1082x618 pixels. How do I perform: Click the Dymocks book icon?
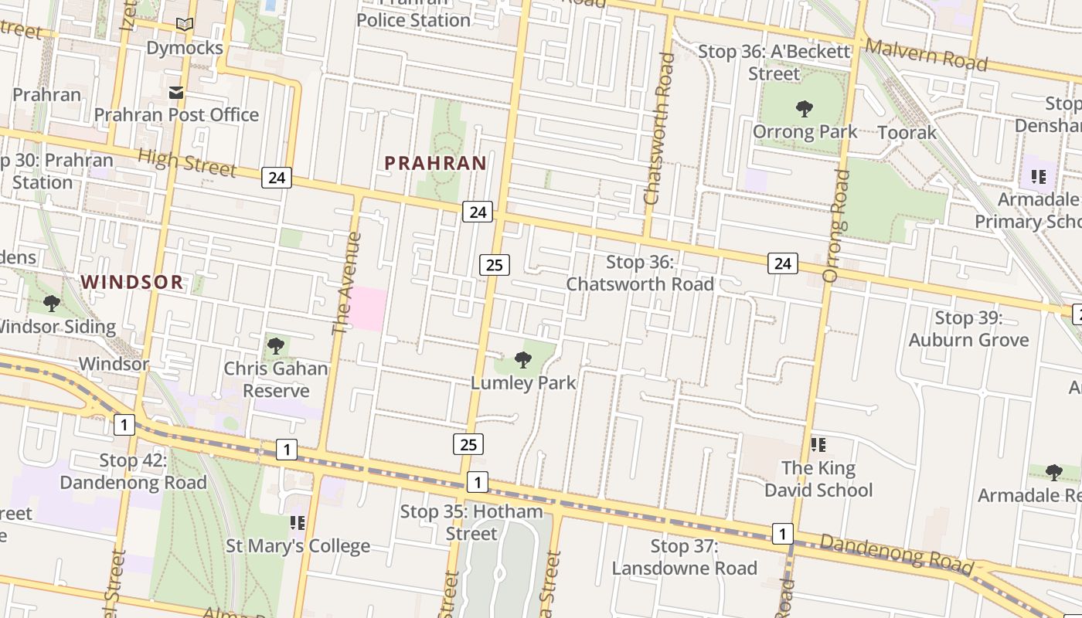(x=184, y=25)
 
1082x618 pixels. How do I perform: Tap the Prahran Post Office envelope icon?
(x=176, y=93)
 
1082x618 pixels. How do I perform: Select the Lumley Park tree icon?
(x=523, y=359)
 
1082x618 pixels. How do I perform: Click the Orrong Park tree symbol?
(x=805, y=109)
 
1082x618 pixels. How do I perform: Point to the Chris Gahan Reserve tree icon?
(x=275, y=345)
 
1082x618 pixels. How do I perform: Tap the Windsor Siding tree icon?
(x=52, y=304)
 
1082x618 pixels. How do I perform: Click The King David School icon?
(x=818, y=445)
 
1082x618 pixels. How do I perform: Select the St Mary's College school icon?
(x=298, y=524)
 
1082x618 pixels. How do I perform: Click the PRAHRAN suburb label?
(x=435, y=163)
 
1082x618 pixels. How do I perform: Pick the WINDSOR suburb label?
(x=132, y=282)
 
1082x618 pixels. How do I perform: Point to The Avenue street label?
(x=347, y=283)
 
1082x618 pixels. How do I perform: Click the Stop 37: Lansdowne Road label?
(x=684, y=557)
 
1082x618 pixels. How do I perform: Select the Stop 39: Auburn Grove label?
(x=968, y=328)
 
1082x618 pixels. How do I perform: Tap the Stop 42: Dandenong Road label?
(x=133, y=471)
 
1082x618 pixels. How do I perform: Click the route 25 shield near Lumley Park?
(x=494, y=265)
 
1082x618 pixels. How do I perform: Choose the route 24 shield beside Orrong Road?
(x=782, y=263)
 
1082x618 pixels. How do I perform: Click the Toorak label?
(x=907, y=132)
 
